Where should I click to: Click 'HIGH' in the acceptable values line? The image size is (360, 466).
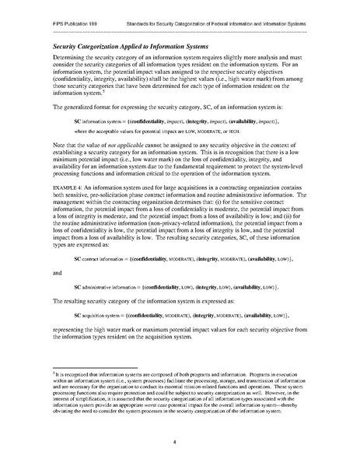pyautogui.click(x=215, y=142)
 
